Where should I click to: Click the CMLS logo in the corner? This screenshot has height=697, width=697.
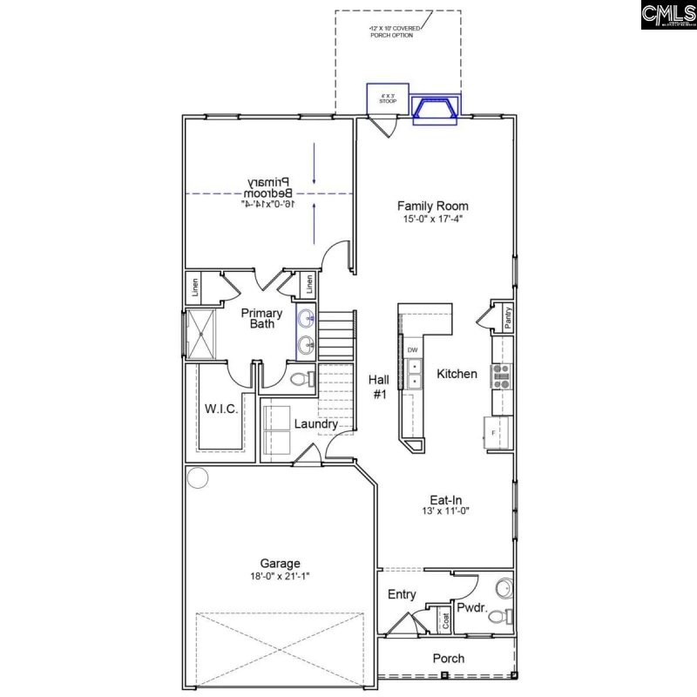[x=668, y=15]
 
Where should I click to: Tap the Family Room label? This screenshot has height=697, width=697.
[x=427, y=206]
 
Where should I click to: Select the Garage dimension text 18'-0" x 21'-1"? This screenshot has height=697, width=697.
[x=280, y=577]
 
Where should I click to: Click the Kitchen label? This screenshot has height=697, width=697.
[x=457, y=374]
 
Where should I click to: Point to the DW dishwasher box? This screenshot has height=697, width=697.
[x=413, y=350]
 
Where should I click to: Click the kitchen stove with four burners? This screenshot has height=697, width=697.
[x=503, y=375]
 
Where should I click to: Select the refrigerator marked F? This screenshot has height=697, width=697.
[x=497, y=432]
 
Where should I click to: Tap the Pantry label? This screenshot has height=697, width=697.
[x=508, y=317]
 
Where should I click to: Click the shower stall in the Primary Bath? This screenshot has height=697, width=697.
[x=203, y=332]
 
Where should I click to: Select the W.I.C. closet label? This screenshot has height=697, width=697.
[x=221, y=409]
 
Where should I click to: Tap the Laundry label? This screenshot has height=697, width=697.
[x=315, y=424]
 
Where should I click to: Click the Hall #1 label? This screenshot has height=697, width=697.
[x=378, y=386]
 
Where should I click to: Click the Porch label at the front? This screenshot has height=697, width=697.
[x=449, y=659]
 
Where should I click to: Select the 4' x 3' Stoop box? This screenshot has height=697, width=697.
[x=382, y=98]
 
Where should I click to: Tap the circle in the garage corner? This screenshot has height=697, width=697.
[x=198, y=478]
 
